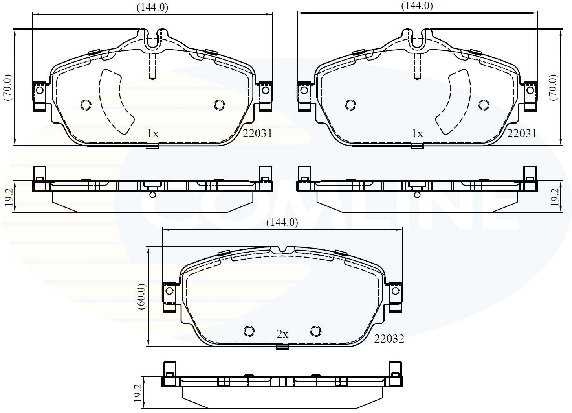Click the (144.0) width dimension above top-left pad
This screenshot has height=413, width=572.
(152, 7)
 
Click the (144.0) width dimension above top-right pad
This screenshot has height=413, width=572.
(417, 6)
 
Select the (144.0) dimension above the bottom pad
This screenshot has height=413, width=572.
(282, 222)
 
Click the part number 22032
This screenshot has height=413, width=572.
(389, 339)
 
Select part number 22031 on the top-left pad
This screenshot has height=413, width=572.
(257, 134)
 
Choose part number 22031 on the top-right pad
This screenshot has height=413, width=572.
(522, 134)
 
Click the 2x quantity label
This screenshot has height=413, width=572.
(282, 334)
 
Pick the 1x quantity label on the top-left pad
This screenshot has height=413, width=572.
(152, 134)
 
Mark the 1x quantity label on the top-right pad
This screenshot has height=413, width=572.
(417, 134)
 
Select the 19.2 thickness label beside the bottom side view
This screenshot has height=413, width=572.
(137, 393)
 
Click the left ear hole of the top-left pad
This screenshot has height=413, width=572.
(39, 90)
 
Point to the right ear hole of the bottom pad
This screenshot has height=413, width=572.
(396, 291)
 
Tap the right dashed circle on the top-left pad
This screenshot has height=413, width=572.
(219, 105)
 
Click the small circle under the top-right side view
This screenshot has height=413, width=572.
(417, 195)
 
